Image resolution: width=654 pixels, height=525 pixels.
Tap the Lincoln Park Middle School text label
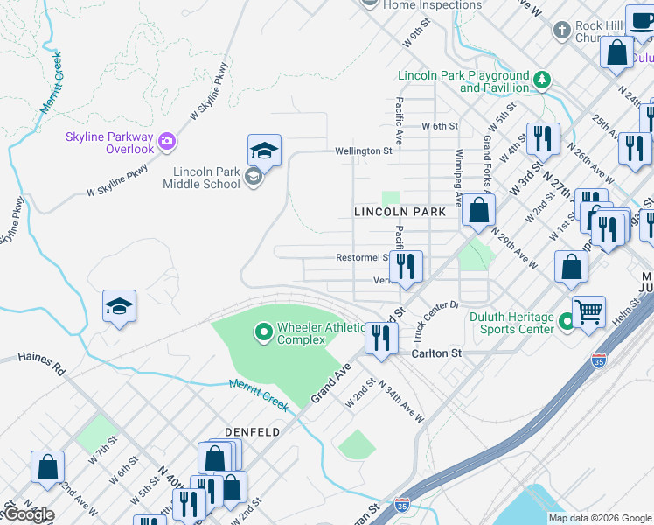tap(201, 178)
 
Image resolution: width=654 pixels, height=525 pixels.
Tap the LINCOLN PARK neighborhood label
tap(400, 212)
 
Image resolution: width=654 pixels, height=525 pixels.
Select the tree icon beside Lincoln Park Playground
tap(542, 80)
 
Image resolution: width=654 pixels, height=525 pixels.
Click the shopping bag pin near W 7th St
tap(47, 466)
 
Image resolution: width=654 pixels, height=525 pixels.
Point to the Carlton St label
tap(436, 353)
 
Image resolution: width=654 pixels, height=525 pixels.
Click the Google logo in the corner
tap(28, 514)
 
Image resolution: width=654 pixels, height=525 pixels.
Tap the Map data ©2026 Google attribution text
tap(599, 518)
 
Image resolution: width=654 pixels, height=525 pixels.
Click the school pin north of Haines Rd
tap(119, 307)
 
